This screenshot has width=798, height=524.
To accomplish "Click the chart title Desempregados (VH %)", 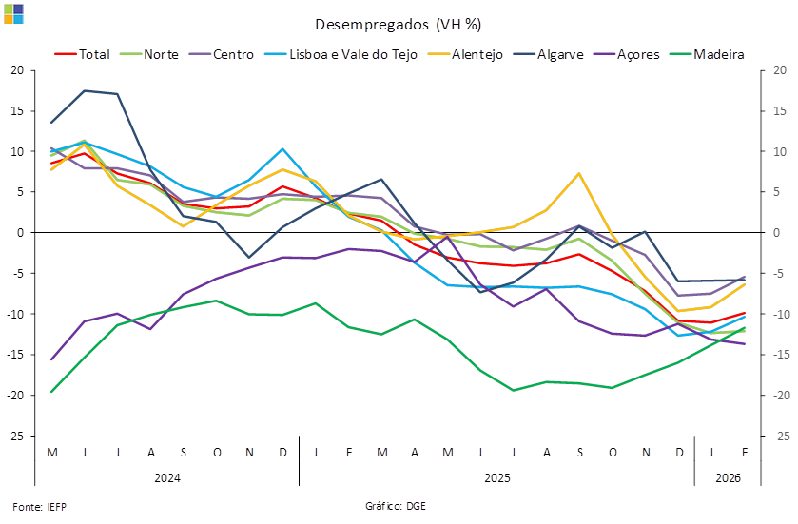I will [398, 24].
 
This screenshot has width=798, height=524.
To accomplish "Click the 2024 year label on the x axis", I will [166, 477].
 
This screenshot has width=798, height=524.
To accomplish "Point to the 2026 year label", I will [728, 477].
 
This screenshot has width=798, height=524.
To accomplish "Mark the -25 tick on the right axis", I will [779, 436].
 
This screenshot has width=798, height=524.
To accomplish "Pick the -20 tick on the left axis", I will [16, 395].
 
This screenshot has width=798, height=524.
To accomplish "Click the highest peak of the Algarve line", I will [85, 90].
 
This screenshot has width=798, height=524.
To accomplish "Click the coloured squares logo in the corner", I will [13, 13].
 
